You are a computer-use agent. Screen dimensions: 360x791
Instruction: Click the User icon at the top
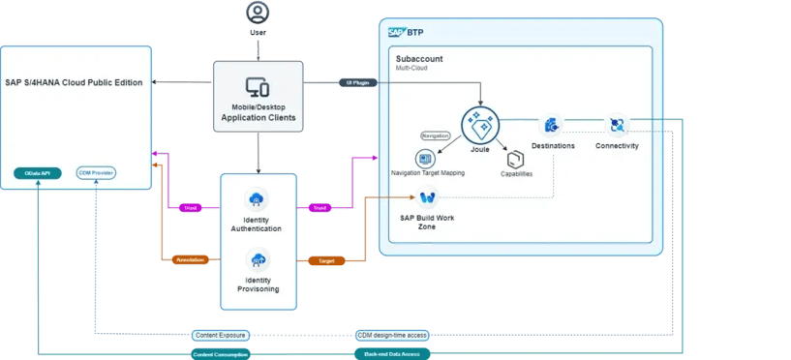click(257, 13)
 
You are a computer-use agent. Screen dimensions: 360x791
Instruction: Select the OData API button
click(38, 173)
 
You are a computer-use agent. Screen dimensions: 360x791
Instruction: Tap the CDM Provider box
click(97, 173)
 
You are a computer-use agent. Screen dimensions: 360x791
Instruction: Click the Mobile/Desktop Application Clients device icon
click(258, 87)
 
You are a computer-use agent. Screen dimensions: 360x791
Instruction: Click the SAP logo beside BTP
click(395, 31)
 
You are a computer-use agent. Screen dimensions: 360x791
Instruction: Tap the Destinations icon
click(552, 125)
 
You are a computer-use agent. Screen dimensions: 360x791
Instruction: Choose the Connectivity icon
click(617, 125)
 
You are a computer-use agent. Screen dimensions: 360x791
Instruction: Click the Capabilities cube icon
click(515, 159)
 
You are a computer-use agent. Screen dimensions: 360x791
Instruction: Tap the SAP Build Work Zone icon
click(427, 197)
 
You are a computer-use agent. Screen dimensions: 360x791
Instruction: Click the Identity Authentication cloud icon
click(258, 200)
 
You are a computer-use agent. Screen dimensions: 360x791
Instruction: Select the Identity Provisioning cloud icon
click(258, 260)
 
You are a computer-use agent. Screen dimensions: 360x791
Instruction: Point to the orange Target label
click(319, 260)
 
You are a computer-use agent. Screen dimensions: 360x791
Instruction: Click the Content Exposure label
click(220, 335)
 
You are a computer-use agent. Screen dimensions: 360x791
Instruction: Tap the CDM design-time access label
click(391, 335)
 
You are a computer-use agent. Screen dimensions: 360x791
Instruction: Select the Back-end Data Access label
click(391, 354)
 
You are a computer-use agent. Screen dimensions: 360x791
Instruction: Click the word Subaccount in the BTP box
click(419, 59)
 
